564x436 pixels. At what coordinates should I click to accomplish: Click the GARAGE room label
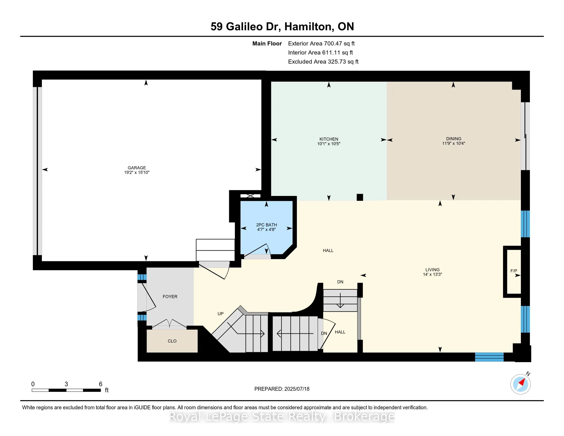point(137,168)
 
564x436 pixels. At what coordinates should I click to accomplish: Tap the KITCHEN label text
point(329,139)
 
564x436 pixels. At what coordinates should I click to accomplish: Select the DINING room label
point(454,139)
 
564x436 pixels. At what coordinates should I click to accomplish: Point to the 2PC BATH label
point(267,225)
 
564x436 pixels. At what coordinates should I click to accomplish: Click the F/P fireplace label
point(514,271)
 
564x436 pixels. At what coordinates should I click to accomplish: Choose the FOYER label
point(170,296)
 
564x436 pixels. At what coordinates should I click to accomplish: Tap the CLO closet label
point(172,341)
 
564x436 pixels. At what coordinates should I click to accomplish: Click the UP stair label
point(220,314)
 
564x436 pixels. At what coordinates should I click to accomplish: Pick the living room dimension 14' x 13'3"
point(432,274)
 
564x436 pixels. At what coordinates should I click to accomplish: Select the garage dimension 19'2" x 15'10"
point(137,172)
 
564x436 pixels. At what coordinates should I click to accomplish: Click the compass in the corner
point(520,384)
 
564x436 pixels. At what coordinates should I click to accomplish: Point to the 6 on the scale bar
point(100,384)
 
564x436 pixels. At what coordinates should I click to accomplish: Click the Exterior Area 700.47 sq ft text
point(321,43)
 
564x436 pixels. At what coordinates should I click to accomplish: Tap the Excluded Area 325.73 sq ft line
point(323,62)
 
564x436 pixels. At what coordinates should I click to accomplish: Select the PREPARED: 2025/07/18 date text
point(282,389)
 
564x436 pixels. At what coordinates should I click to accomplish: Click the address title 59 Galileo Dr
point(246,26)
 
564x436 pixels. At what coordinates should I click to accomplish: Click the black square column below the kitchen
point(360,197)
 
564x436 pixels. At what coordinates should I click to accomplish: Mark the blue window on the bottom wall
point(489,357)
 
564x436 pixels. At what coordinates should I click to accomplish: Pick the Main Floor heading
point(267,43)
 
